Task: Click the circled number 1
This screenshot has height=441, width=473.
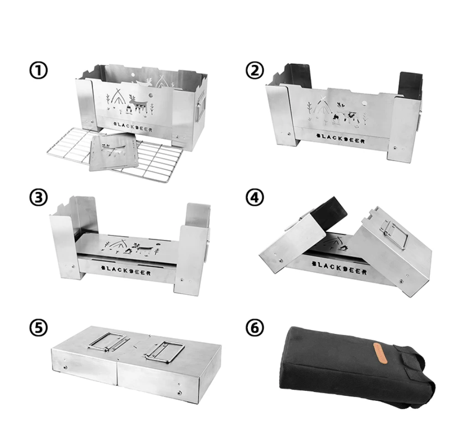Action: (38, 71)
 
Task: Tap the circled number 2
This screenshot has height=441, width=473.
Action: (255, 71)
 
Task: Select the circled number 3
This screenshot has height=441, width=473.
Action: (38, 197)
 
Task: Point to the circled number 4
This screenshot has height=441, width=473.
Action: (255, 197)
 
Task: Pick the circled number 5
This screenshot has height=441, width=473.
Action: (38, 328)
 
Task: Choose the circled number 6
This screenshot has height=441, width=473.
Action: (255, 328)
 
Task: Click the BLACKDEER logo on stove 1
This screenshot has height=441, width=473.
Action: (133, 127)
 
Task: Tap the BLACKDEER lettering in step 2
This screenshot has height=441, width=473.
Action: (340, 138)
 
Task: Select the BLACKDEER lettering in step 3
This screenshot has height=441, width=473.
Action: (126, 270)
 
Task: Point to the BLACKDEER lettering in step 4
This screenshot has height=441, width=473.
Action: (339, 268)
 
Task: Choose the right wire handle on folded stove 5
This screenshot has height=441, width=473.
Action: (165, 351)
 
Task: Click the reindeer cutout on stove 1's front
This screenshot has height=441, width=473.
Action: (138, 104)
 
